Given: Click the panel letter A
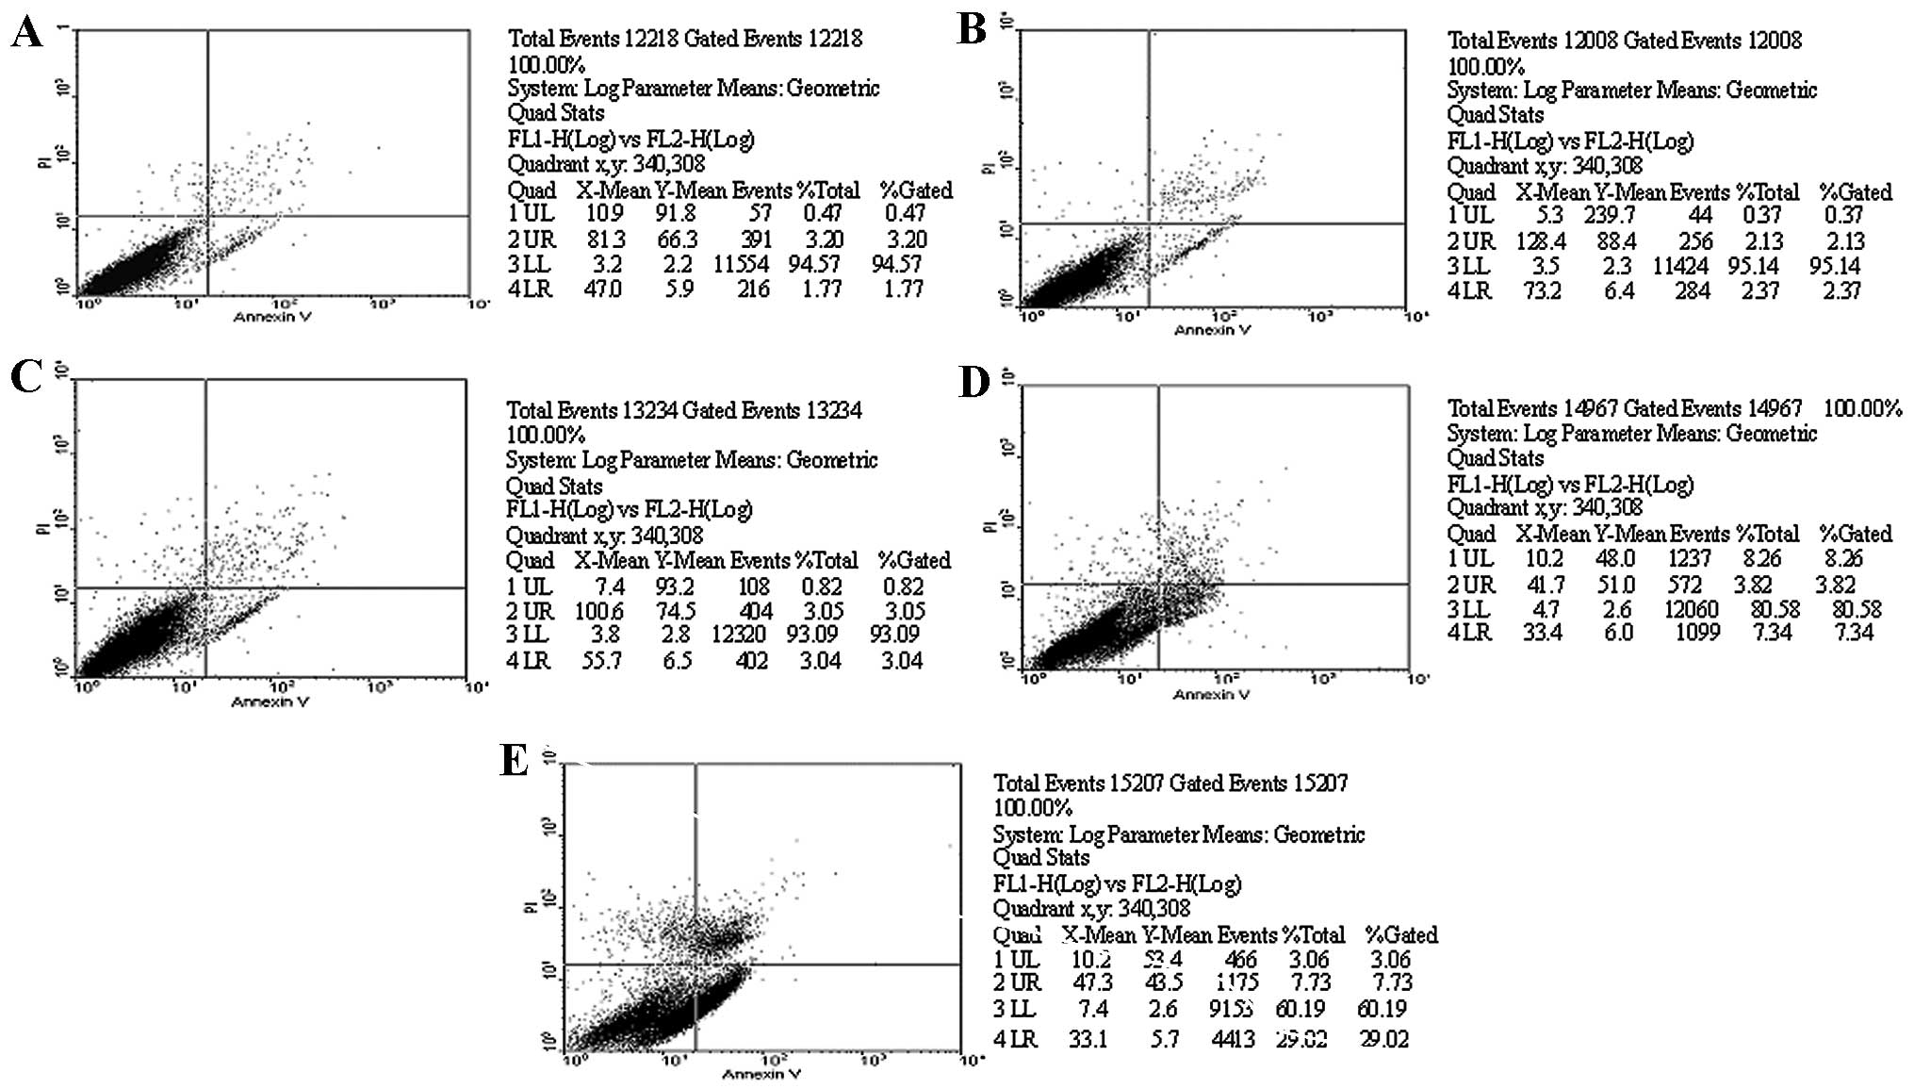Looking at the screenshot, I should [26, 34].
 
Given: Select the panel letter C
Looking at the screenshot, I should [26, 376].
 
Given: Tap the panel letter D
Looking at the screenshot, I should [973, 383].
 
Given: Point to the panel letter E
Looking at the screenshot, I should [514, 760].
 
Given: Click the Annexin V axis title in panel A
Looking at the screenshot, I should [272, 317].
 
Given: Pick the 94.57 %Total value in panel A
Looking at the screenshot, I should [814, 265].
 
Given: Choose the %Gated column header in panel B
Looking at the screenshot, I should [1855, 192].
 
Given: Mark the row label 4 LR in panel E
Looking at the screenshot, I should [1016, 1040].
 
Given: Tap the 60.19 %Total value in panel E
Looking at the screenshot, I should [1301, 1010].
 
